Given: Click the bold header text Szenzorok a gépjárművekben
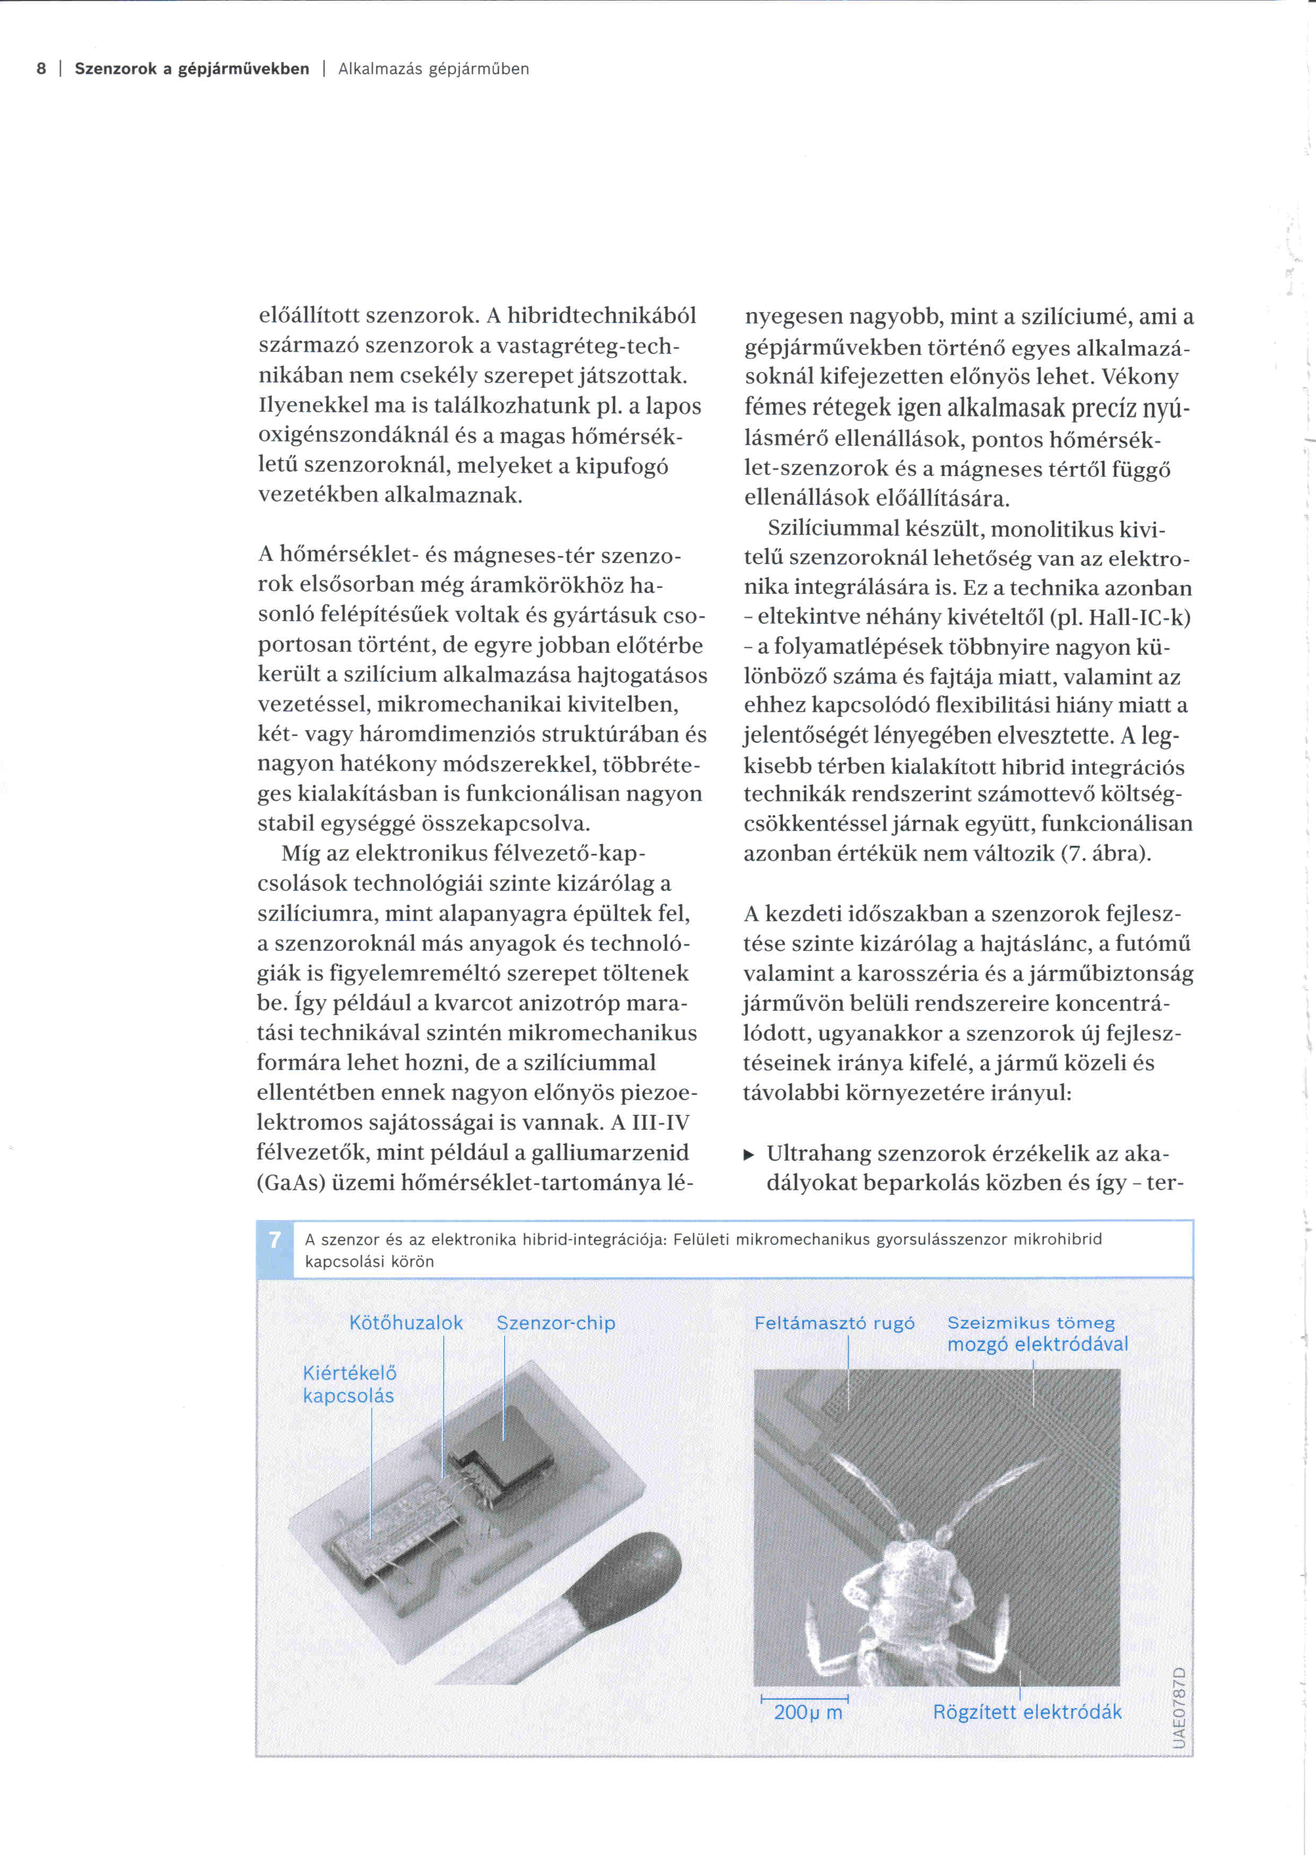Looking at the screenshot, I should tap(192, 69).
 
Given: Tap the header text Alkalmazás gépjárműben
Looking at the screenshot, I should tap(434, 69).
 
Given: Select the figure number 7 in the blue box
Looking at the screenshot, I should tap(275, 1240).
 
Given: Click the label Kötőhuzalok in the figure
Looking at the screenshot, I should tap(406, 1323).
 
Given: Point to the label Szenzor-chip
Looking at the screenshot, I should tap(556, 1323).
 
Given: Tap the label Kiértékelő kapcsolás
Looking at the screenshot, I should tap(349, 1383).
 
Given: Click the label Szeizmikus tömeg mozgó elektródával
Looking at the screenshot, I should tap(1037, 1334).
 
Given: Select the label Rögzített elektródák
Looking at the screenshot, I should tap(1027, 1712).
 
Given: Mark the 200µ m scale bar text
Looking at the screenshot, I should tap(808, 1712).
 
